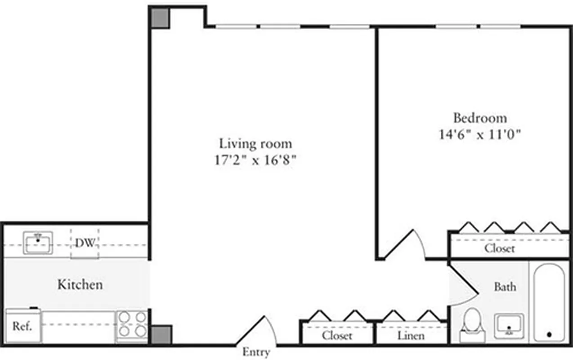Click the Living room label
pos(255,144)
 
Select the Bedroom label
pos(479,118)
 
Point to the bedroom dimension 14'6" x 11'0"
pos(479,135)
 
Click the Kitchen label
pos(80,284)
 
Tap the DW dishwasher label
pos(85,243)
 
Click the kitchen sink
pos(38,243)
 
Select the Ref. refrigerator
pos(22,326)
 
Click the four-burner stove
pos(132,325)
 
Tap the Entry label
pos(256,352)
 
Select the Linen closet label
pos(411,336)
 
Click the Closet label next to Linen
pos(337,336)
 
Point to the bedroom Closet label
pos(499,248)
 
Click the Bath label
pos(505,287)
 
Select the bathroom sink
pos(509,325)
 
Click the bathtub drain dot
pos(549,335)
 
